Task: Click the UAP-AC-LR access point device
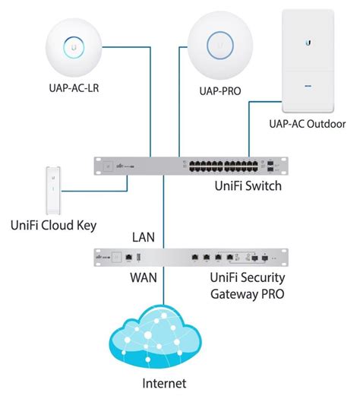pyautogui.click(x=74, y=47)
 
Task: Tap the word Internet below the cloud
pyautogui.click(x=165, y=383)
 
